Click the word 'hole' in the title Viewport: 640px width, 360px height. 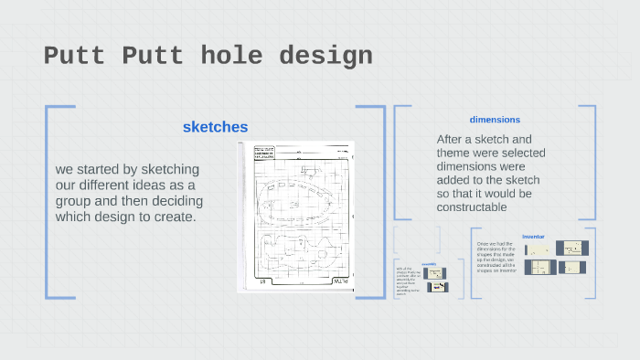coord(226,56)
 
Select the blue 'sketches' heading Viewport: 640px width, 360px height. coord(215,127)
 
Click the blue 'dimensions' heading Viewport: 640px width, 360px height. coord(495,120)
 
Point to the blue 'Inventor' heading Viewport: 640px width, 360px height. coord(533,237)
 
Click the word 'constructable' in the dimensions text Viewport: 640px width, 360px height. coord(472,207)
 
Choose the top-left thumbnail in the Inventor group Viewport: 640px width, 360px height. coord(537,249)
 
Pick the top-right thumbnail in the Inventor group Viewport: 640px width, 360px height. coord(574,248)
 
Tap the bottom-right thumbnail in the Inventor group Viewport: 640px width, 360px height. coord(574,267)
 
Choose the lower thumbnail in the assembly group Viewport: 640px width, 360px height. coord(438,287)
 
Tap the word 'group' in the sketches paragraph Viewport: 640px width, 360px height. coord(76,201)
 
